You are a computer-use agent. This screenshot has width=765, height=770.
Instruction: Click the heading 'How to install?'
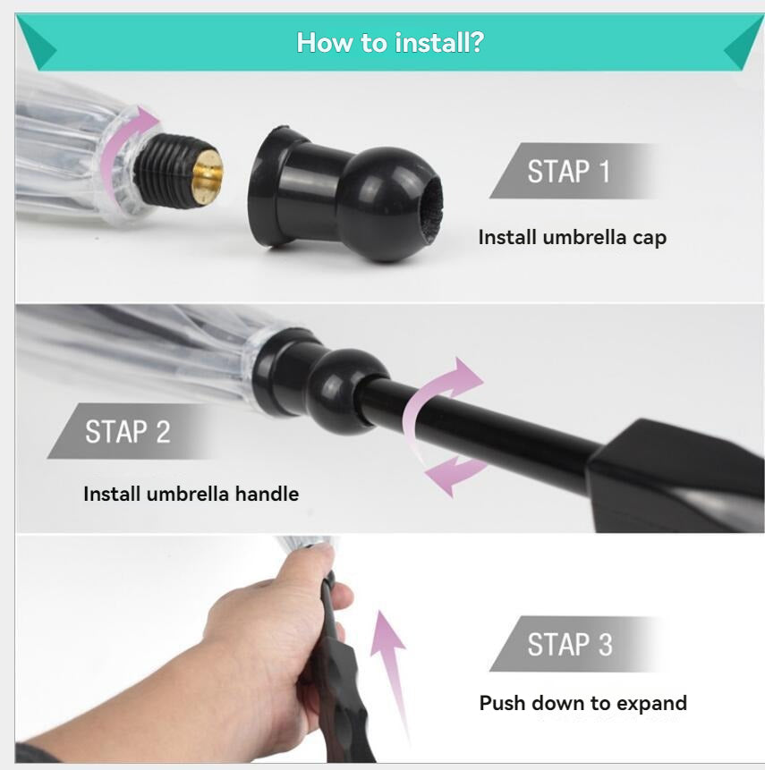pyautogui.click(x=390, y=43)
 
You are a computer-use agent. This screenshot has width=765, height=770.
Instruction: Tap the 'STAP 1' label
pyautogui.click(x=568, y=172)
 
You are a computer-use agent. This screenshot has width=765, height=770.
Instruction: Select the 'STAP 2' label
pyautogui.click(x=128, y=432)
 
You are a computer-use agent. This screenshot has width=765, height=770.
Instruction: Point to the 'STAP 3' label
pyautogui.click(x=570, y=644)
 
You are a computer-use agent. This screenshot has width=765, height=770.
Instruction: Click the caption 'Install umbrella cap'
pyautogui.click(x=573, y=237)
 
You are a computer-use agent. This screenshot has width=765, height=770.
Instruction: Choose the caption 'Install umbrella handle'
pyautogui.click(x=191, y=494)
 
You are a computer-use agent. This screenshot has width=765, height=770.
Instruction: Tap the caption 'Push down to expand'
pyautogui.click(x=582, y=703)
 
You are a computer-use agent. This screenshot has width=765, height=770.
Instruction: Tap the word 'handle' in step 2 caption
pyautogui.click(x=267, y=494)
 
